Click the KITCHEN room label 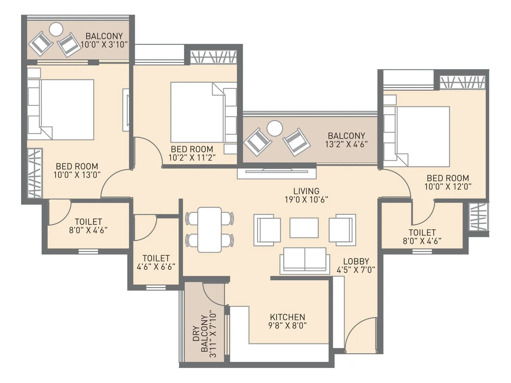point(287,317)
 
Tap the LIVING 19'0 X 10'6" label point(306,195)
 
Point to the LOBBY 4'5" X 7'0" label point(356,266)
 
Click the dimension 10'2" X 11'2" point(192,158)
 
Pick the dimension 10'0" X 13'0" point(77,175)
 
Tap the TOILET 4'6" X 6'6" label point(156,262)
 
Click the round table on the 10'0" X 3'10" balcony point(56,30)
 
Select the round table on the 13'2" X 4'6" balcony point(274,128)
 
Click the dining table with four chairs point(210,229)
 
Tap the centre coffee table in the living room point(304,228)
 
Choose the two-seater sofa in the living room point(305,260)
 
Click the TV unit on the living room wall point(277,173)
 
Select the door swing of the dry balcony point(213,294)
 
